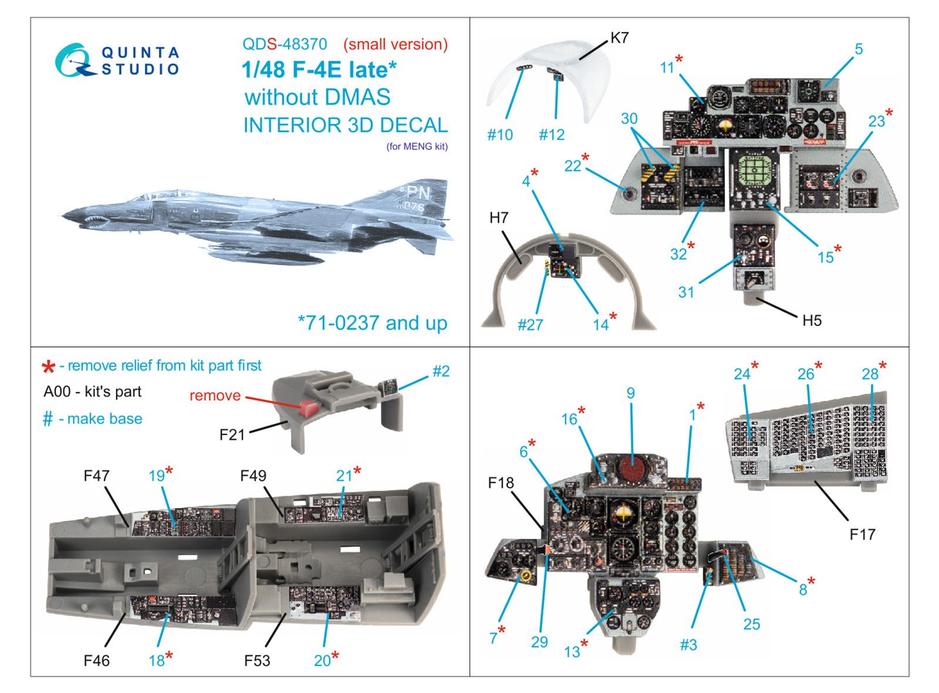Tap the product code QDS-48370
[285, 44]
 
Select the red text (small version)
[396, 44]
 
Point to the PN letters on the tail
[418, 193]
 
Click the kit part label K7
[620, 38]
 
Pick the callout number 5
[859, 49]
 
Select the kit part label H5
[812, 321]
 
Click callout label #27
[531, 324]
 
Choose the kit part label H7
[499, 217]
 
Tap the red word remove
[215, 395]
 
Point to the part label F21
[232, 435]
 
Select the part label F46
[96, 661]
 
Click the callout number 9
[630, 393]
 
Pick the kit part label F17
[862, 534]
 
